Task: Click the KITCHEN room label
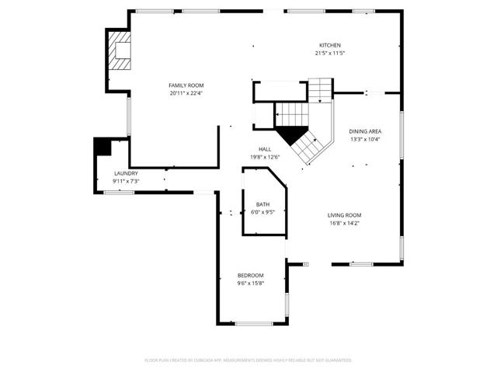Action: tap(329, 46)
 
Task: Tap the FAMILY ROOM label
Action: tap(186, 85)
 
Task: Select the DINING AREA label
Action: tap(365, 131)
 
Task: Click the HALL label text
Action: tap(265, 149)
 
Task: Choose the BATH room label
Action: tap(263, 204)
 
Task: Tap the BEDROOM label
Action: tap(251, 275)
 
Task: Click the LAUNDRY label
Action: tap(125, 173)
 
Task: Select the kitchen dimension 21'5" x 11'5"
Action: tap(329, 54)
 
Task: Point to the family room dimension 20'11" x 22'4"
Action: tap(186, 92)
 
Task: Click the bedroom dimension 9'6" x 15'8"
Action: tap(251, 283)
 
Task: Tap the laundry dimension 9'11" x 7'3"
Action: tap(125, 181)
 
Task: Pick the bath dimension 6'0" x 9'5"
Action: tap(263, 211)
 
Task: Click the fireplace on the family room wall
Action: tap(119, 51)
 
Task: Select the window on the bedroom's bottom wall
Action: tap(253, 323)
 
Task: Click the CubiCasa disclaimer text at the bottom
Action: tap(248, 360)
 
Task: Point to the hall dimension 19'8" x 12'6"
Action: tap(265, 157)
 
